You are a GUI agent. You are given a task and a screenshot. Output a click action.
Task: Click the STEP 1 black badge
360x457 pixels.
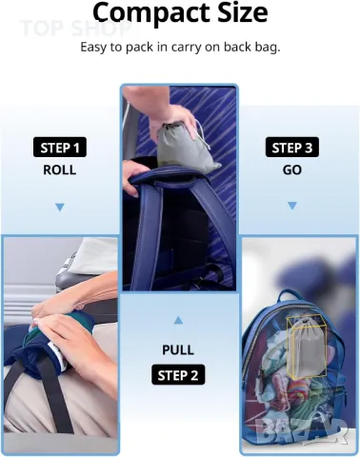tap(60, 148)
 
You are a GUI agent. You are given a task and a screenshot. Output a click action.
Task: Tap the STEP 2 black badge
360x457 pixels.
tap(178, 375)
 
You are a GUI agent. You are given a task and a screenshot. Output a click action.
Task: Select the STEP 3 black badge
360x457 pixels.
tap(292, 148)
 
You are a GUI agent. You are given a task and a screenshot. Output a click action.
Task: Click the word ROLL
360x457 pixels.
tap(60, 170)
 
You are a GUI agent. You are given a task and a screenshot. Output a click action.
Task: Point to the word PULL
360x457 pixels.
tap(178, 350)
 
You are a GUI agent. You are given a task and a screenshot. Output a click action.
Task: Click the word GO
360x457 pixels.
tap(292, 170)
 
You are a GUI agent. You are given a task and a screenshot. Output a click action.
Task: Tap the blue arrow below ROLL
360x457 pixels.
tap(60, 208)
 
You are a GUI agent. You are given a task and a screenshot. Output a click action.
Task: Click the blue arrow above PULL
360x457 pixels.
tap(178, 320)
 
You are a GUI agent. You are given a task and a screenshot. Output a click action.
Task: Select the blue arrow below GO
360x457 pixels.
tap(292, 206)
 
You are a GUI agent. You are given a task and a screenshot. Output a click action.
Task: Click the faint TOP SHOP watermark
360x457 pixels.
tap(75, 28)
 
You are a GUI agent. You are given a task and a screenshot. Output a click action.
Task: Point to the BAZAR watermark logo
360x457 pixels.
tap(301, 430)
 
